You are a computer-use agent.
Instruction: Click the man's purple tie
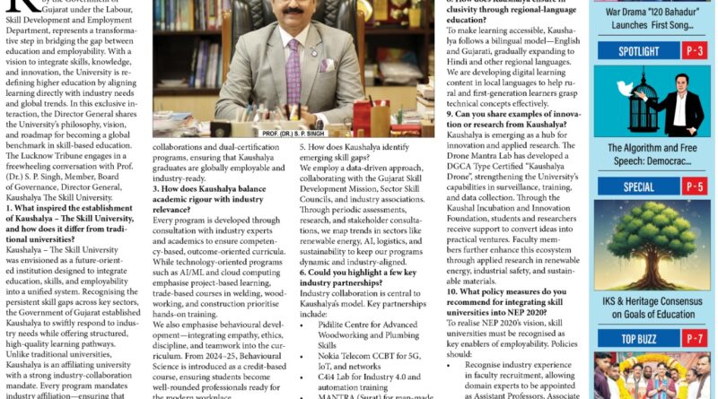(294, 77)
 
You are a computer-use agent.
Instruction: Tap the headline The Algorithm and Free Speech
(652, 154)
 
